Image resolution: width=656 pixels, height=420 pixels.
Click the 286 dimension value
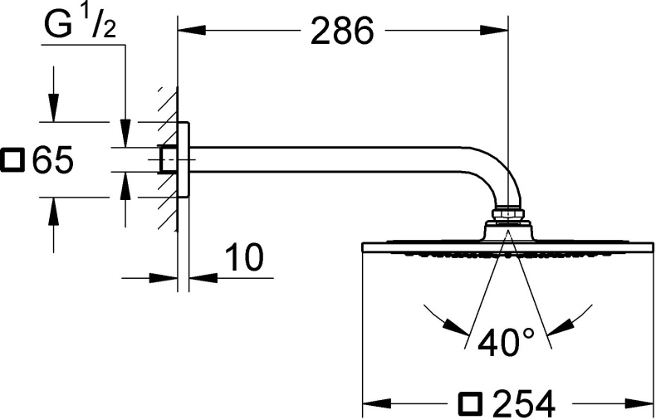point(342,32)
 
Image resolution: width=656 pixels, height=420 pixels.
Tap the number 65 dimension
point(53,159)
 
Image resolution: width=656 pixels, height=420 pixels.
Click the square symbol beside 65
point(14,159)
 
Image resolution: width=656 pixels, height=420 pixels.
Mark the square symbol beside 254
point(470,404)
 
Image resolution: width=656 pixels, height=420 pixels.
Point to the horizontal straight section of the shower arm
point(332,159)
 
